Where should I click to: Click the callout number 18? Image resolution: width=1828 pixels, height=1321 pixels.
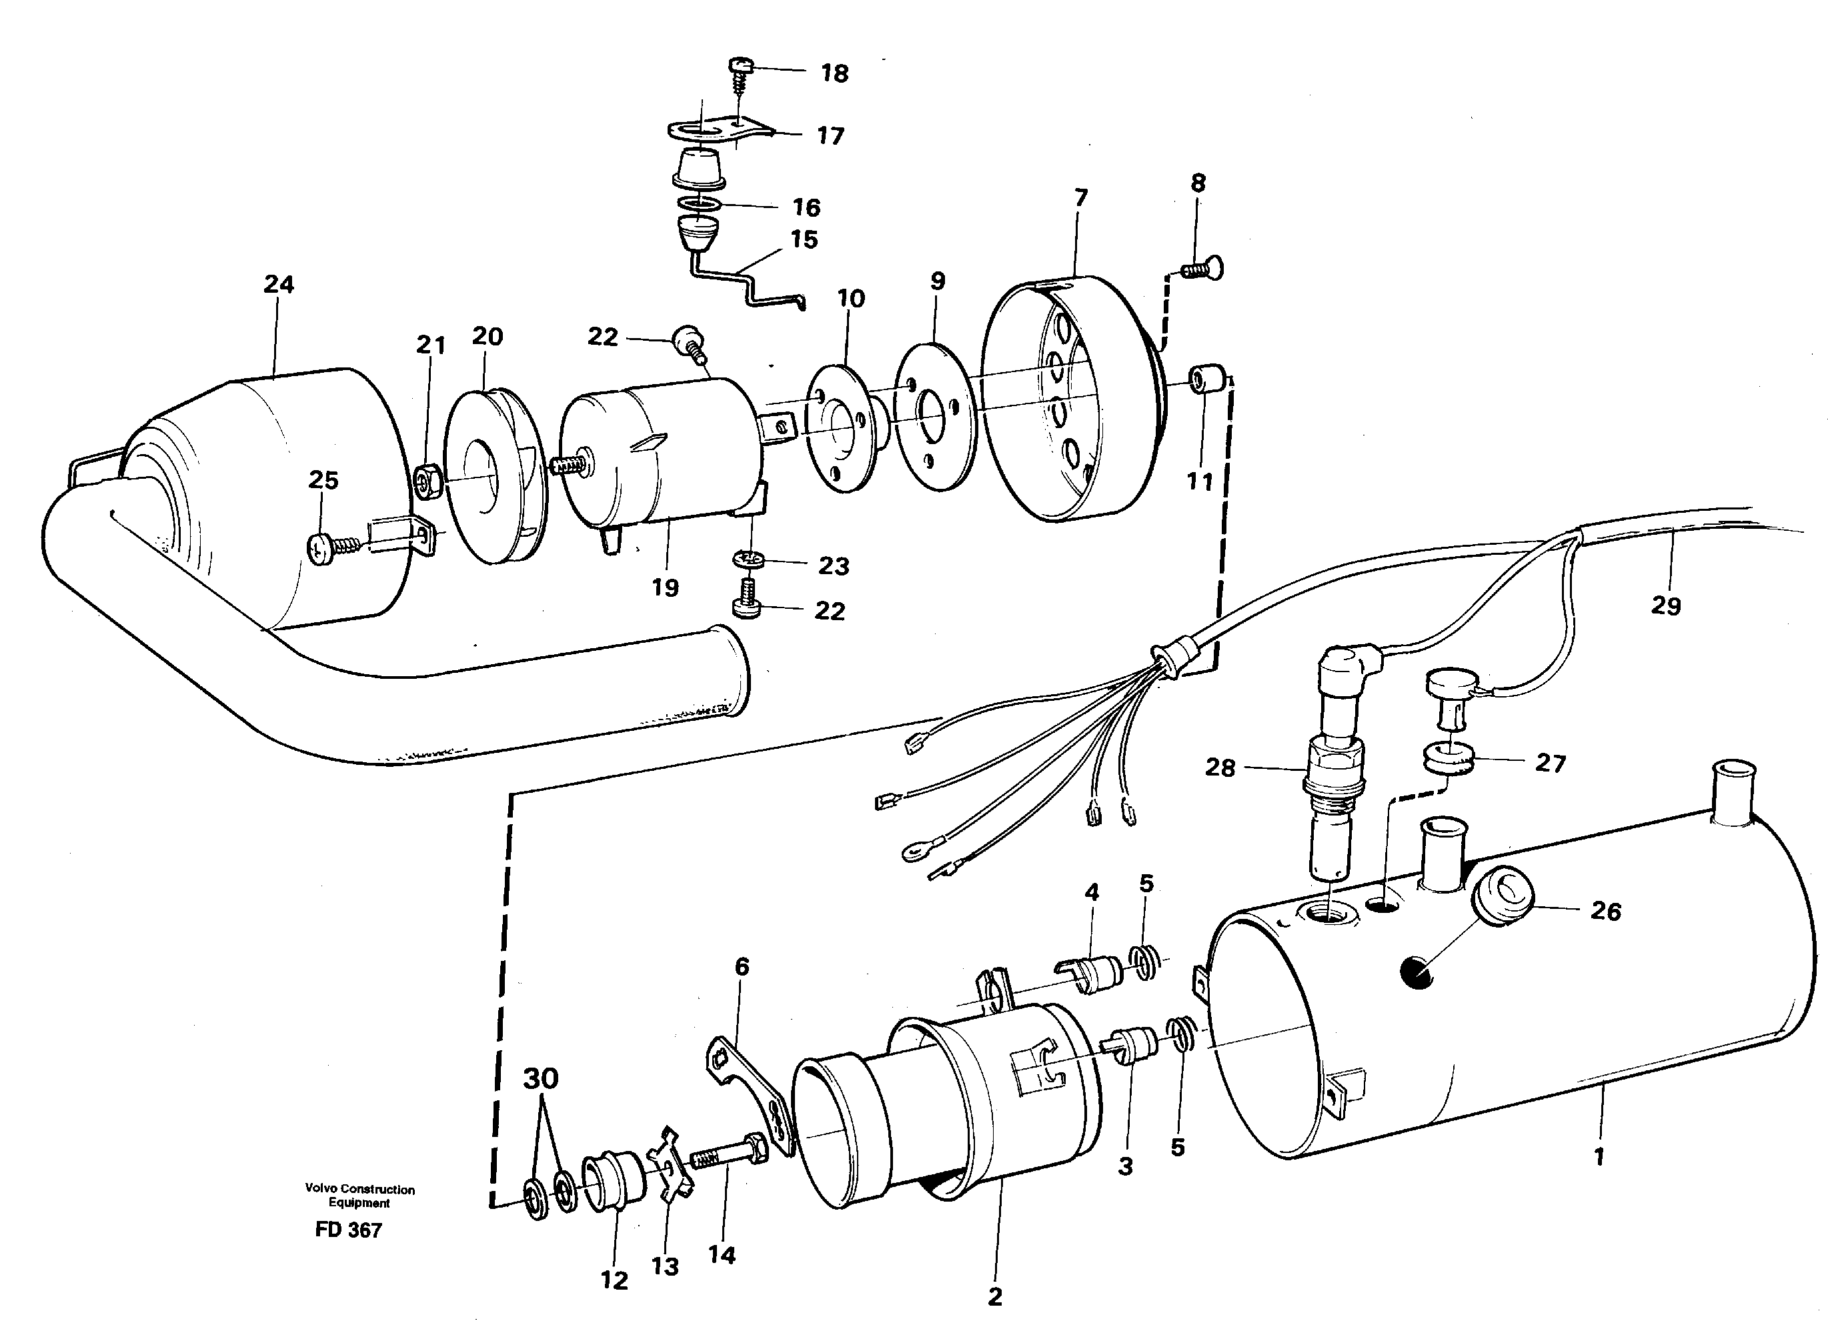tap(834, 73)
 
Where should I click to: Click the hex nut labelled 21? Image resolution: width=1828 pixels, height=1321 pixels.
tap(427, 483)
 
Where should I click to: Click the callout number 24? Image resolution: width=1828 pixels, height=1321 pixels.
tap(279, 285)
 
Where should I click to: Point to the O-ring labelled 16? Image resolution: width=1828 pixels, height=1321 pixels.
tap(699, 205)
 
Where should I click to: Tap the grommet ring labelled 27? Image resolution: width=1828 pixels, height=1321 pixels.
tap(1448, 761)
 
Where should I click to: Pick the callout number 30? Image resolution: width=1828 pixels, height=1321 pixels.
tap(540, 1078)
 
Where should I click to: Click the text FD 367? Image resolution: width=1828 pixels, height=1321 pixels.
tap(348, 1229)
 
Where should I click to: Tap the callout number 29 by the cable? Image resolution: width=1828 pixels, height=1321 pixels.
tap(1665, 605)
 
